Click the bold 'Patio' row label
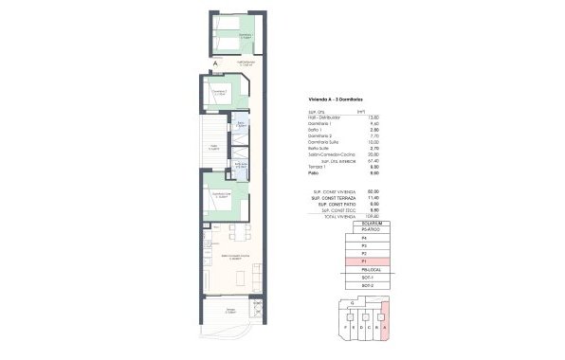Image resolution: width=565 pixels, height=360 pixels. (313, 174)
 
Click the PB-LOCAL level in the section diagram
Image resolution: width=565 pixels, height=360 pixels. (363, 269)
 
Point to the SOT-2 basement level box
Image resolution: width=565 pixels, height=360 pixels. (363, 284)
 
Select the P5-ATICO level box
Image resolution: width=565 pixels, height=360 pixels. (363, 230)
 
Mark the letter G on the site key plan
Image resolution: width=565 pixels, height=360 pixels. (353, 301)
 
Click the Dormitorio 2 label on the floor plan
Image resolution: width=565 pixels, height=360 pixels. (220, 92)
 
